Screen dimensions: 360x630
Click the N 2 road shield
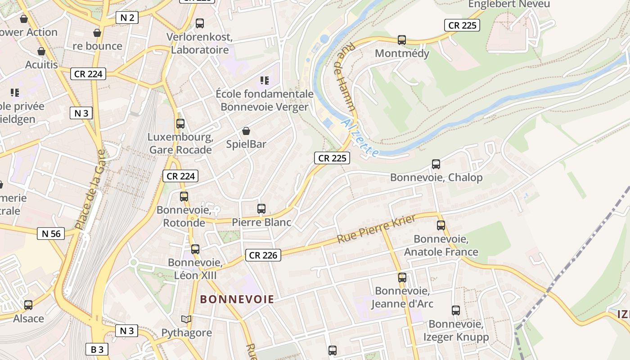click(x=127, y=18)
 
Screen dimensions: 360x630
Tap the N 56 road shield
click(x=51, y=234)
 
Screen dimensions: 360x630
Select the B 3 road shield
click(x=97, y=349)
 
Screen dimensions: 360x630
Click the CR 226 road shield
click(x=263, y=255)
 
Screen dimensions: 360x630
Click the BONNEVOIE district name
click(x=237, y=299)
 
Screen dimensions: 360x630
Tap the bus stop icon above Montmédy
click(x=402, y=40)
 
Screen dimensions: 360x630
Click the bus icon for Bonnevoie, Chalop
click(x=436, y=164)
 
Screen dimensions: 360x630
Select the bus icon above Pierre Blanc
click(x=261, y=209)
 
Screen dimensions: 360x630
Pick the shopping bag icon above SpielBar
click(x=246, y=131)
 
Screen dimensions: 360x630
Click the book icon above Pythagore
click(x=186, y=319)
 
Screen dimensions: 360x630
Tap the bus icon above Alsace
click(x=28, y=305)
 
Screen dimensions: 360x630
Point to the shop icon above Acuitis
click(x=41, y=52)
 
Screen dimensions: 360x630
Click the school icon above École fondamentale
click(x=265, y=81)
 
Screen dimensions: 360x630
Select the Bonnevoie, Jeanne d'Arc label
click(x=402, y=297)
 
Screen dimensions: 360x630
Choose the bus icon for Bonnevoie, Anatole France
click(x=441, y=225)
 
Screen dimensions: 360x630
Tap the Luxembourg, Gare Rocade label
click(x=180, y=143)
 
